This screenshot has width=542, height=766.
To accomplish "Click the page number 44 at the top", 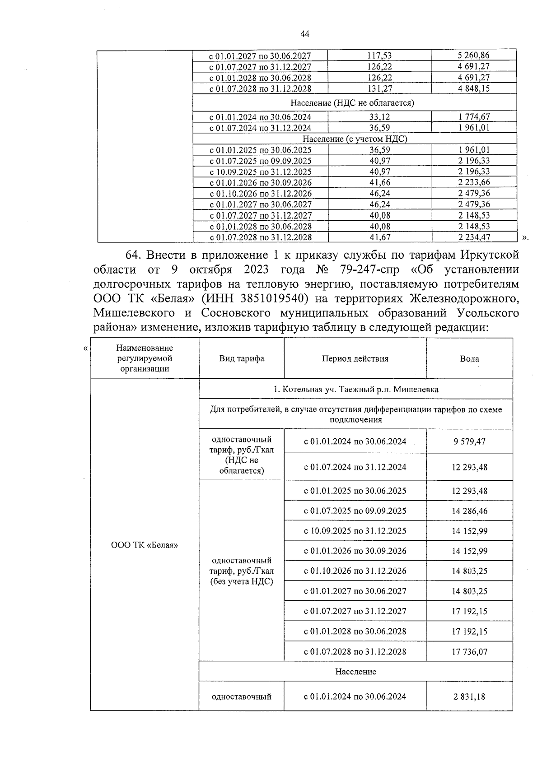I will click(x=304, y=34).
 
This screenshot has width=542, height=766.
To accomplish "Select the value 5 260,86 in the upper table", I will click(x=473, y=56).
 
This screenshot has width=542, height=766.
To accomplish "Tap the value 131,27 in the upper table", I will click(x=379, y=88).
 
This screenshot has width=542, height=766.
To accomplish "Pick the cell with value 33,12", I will click(x=379, y=116).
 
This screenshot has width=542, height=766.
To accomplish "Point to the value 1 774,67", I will click(x=473, y=116).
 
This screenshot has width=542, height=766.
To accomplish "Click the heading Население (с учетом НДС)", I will click(x=355, y=139).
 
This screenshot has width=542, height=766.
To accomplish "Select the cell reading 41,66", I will click(x=379, y=182).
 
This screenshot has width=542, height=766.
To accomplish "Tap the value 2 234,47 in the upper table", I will click(x=473, y=237).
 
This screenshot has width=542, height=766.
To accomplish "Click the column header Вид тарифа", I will click(x=242, y=359).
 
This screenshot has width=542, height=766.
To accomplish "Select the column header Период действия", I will click(x=355, y=359).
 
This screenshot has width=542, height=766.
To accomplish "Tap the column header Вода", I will click(x=469, y=359).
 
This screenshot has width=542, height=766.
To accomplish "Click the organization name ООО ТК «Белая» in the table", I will click(x=145, y=545).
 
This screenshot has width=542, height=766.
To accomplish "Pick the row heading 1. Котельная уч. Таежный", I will click(x=356, y=389).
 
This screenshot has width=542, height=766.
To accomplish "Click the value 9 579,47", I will click(x=469, y=441).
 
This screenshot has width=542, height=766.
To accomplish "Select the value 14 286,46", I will click(x=469, y=511).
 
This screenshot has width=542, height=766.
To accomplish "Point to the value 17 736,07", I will click(x=469, y=652).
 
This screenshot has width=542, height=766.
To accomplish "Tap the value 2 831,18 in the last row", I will click(x=469, y=696).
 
